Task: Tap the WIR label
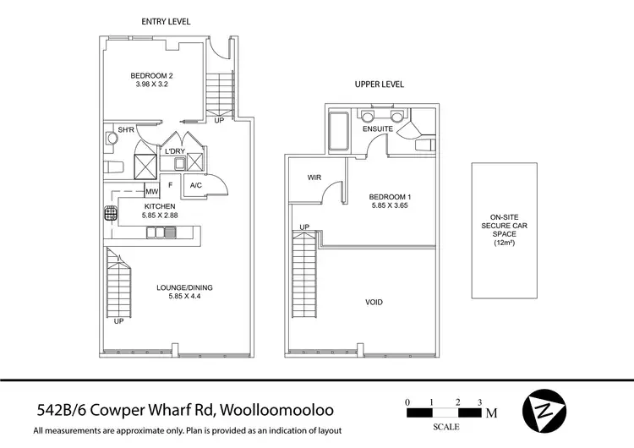[x=314, y=177]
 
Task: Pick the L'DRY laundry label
[x=175, y=151]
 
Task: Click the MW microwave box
[x=152, y=191]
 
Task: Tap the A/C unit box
[x=195, y=186]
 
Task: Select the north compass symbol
[x=541, y=412]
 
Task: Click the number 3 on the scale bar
[x=480, y=402]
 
